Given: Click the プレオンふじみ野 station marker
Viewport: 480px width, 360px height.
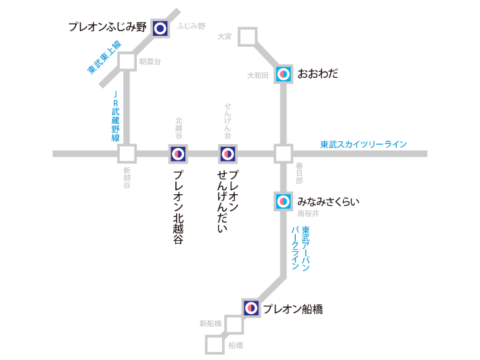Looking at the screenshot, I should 160,28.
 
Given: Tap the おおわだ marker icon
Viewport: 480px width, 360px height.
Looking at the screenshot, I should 284,74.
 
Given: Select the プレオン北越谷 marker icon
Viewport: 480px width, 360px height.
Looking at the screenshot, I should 178,154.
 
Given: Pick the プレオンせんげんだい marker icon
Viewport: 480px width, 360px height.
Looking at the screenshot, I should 227,154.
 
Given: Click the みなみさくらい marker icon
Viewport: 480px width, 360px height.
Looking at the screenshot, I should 284,201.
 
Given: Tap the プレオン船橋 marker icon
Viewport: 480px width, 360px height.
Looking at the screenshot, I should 251,309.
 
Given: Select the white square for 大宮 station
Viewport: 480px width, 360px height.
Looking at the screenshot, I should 248,37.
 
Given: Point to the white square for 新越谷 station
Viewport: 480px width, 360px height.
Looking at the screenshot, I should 127,154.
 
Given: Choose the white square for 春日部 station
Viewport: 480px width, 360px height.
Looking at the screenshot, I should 284,154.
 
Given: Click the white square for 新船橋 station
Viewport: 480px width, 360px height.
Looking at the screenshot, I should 234,325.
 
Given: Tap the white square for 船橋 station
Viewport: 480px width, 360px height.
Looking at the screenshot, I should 215,344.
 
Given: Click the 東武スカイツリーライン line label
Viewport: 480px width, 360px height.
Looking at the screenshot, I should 364,144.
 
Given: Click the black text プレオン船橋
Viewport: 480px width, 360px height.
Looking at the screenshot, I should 292,309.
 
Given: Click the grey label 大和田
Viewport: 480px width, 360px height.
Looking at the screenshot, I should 258,75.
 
